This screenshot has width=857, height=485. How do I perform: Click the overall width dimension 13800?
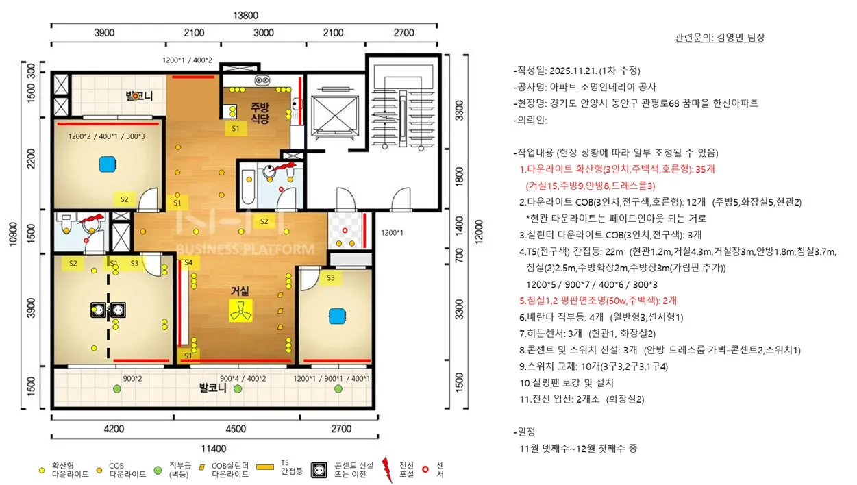point(246,15)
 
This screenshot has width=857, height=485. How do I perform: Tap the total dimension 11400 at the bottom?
point(214,448)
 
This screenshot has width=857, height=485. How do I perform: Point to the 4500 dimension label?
point(236,429)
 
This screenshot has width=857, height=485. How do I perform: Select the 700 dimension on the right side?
point(459,255)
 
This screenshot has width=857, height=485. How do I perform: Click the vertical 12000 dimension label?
point(479,232)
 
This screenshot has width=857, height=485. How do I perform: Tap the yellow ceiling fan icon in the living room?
point(240,310)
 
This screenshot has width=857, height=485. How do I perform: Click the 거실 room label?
point(240,291)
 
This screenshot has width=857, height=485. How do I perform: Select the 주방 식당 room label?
point(260,113)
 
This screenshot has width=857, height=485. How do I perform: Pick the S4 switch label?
point(188,262)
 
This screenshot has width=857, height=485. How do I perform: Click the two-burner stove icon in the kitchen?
point(262,80)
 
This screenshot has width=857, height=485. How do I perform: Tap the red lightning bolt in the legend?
point(387,470)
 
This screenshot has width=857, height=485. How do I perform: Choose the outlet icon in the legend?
point(319,470)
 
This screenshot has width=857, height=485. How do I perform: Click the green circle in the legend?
point(158,470)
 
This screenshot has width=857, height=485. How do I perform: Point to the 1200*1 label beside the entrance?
point(392,232)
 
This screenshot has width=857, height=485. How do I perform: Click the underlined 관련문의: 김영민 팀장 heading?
point(719,37)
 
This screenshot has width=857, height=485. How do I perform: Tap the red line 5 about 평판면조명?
point(598,301)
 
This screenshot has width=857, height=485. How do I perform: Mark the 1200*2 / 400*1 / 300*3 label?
point(106,136)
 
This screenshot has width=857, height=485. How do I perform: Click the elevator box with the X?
point(335,114)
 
